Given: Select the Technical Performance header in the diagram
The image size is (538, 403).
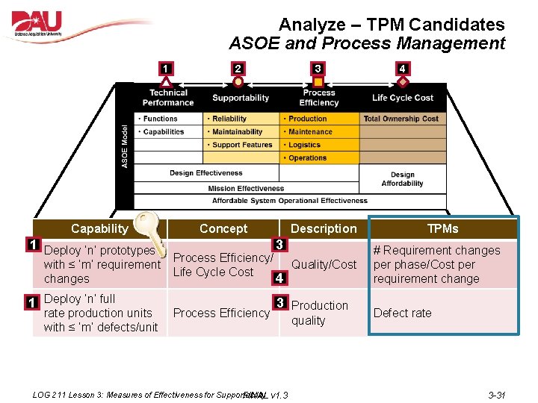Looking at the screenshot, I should (x=168, y=98).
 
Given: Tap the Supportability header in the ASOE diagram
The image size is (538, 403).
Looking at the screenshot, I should (x=241, y=98).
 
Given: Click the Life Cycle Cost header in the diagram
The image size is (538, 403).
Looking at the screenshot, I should (x=403, y=98).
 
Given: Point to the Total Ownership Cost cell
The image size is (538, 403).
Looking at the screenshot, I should (x=401, y=119).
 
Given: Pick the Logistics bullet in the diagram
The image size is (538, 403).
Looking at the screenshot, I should (x=304, y=145).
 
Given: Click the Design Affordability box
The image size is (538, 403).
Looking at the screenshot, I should (x=402, y=179).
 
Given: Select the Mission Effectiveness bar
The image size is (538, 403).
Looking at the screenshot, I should (x=246, y=189).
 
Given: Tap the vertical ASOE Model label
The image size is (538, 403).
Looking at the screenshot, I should (x=125, y=146).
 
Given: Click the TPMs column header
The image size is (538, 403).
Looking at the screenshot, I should (x=442, y=228).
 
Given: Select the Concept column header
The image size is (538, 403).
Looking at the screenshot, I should (x=223, y=228).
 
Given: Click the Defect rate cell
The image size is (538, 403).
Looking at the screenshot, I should (x=403, y=313).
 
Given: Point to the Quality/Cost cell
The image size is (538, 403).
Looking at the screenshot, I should (x=324, y=264).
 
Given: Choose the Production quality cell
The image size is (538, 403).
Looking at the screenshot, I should (x=319, y=313).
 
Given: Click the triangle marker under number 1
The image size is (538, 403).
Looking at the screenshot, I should (x=166, y=81).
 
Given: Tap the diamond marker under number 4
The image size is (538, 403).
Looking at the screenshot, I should (x=402, y=81).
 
